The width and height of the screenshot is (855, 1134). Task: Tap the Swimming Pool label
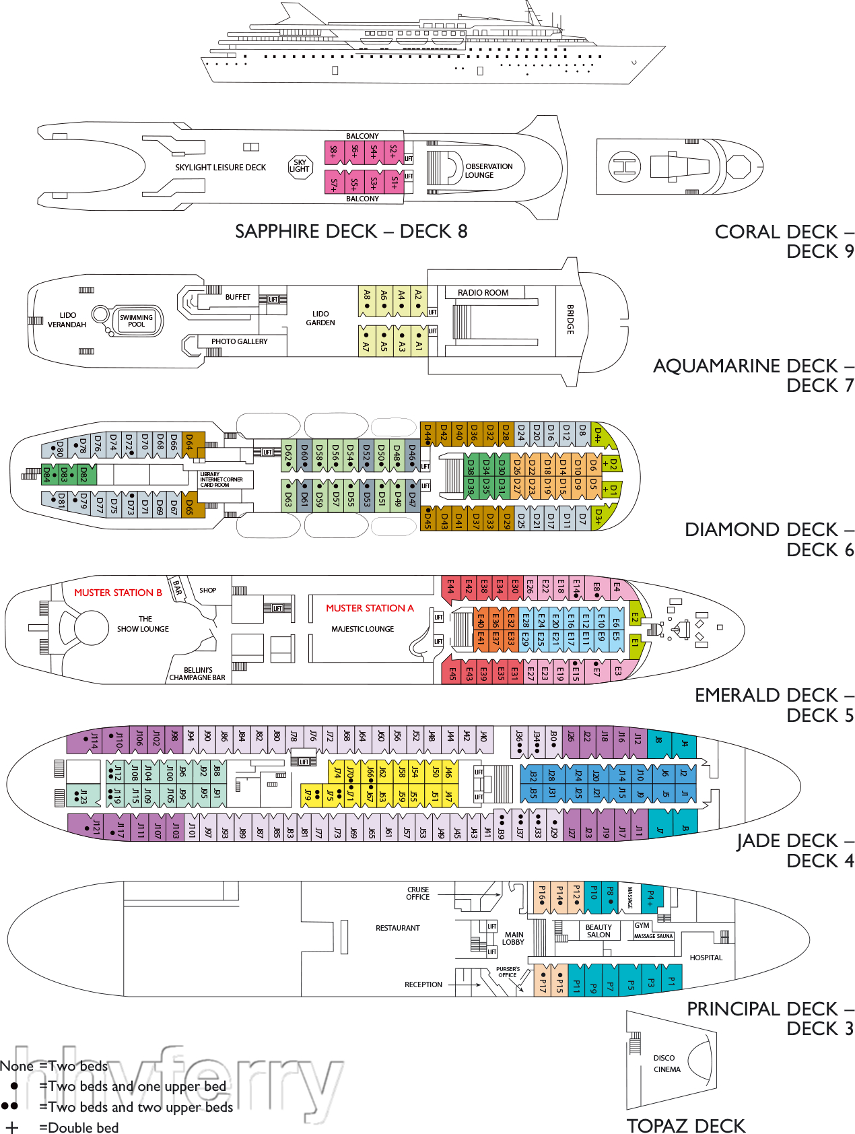coord(136,321)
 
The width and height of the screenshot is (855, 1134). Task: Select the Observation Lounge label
coord(488,170)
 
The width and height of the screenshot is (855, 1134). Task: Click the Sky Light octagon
coord(300,166)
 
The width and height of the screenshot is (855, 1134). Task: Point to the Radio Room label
coord(483,293)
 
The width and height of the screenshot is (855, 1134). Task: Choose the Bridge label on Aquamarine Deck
coord(570,319)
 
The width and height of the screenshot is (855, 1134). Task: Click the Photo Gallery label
coord(239,341)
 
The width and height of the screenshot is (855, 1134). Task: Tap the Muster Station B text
coord(118,593)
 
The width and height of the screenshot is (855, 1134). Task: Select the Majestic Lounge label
coord(362,629)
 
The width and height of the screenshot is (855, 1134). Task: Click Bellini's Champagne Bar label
coord(197,674)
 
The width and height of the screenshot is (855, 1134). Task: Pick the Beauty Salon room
coord(598,931)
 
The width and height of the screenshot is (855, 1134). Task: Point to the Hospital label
coord(706,958)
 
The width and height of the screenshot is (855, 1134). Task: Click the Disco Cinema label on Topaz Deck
coord(666,1063)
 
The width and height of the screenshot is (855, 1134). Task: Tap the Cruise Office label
coord(417,893)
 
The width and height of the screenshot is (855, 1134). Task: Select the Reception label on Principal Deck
coord(423,985)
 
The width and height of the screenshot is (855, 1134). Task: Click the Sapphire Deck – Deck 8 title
coord(351,231)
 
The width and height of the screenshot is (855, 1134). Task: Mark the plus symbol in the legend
coord(11,1127)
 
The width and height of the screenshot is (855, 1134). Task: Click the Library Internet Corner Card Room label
coord(221,479)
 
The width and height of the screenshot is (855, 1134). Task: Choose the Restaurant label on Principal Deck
coord(397,928)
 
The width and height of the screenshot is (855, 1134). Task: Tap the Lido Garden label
coord(320,318)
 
